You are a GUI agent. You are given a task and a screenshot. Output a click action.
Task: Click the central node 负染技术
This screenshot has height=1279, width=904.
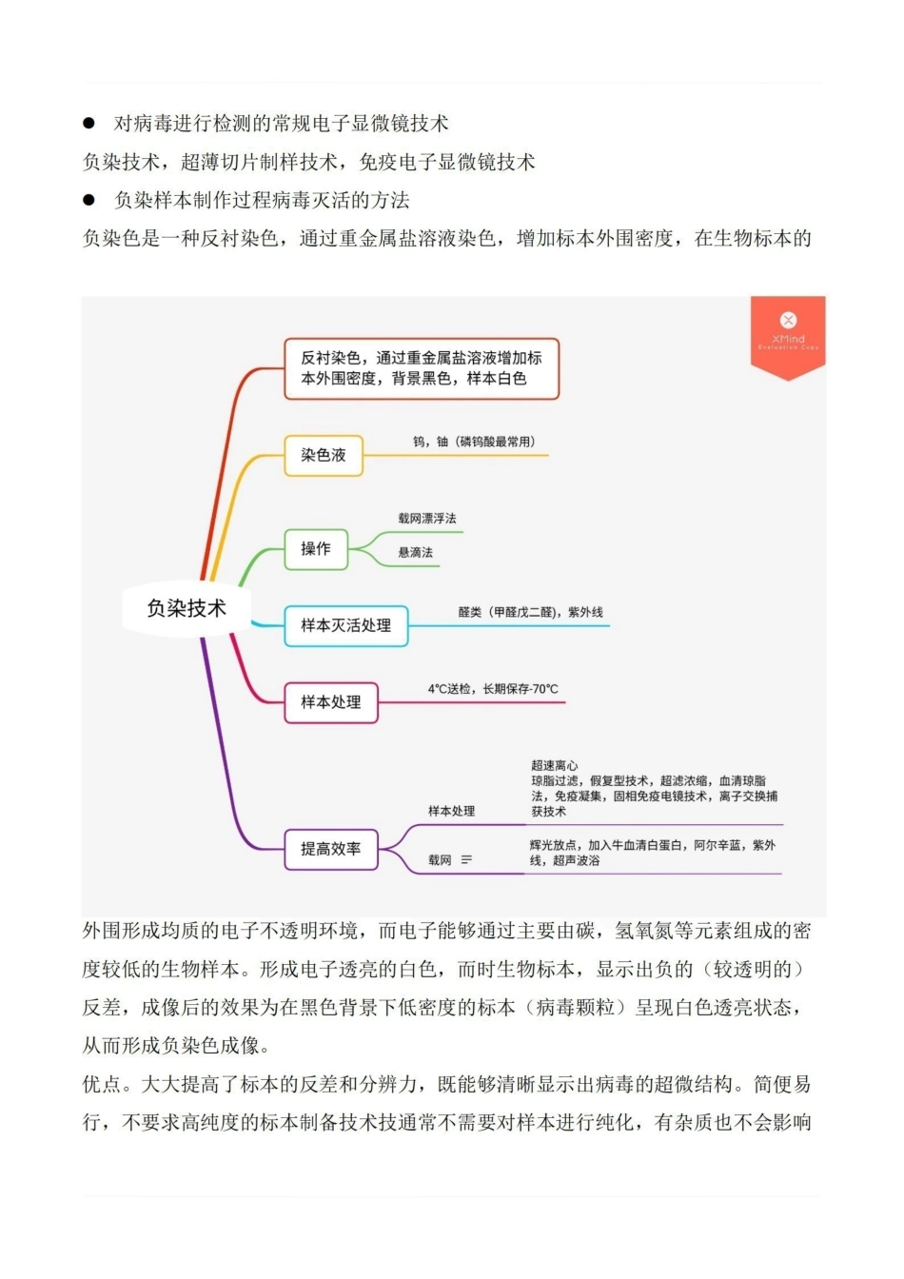point(187,608)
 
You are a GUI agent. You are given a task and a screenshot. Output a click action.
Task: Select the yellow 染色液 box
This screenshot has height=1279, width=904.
point(324,455)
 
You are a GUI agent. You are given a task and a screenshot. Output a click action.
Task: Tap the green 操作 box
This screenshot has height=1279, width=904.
point(316,549)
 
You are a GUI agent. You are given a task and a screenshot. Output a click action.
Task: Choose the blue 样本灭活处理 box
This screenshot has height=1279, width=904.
point(345,625)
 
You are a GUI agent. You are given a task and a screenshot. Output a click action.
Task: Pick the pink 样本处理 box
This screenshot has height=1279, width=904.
point(330,702)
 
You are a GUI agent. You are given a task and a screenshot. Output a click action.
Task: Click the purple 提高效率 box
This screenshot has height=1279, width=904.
point(330,849)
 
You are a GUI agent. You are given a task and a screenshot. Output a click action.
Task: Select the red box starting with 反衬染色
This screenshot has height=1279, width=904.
point(421,368)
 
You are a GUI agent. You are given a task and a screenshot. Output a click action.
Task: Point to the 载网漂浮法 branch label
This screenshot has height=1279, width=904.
point(427,519)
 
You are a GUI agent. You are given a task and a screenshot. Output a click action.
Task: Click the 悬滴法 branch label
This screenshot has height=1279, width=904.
point(415,553)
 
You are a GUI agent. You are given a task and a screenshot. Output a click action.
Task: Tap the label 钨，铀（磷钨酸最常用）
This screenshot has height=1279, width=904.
point(474,442)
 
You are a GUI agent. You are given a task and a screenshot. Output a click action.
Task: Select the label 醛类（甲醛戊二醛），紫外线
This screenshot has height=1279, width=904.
point(530,612)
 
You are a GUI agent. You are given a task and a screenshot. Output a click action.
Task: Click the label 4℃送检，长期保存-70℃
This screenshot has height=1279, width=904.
point(493,689)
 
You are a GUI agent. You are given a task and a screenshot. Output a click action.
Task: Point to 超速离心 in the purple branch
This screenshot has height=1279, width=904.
point(554,765)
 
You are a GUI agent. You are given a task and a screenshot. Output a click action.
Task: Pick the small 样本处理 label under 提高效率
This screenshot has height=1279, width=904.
point(451,811)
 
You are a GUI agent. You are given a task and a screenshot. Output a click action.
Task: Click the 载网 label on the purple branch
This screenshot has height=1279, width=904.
point(440,860)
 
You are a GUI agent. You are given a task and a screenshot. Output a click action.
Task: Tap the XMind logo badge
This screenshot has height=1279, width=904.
point(788,333)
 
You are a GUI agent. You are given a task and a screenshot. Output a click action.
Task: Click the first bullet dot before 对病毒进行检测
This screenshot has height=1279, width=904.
point(89,123)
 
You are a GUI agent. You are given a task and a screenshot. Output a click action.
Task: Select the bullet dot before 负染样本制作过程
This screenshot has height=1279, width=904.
point(89,200)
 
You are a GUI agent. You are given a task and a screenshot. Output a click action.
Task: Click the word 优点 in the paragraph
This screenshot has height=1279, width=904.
point(102,1084)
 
